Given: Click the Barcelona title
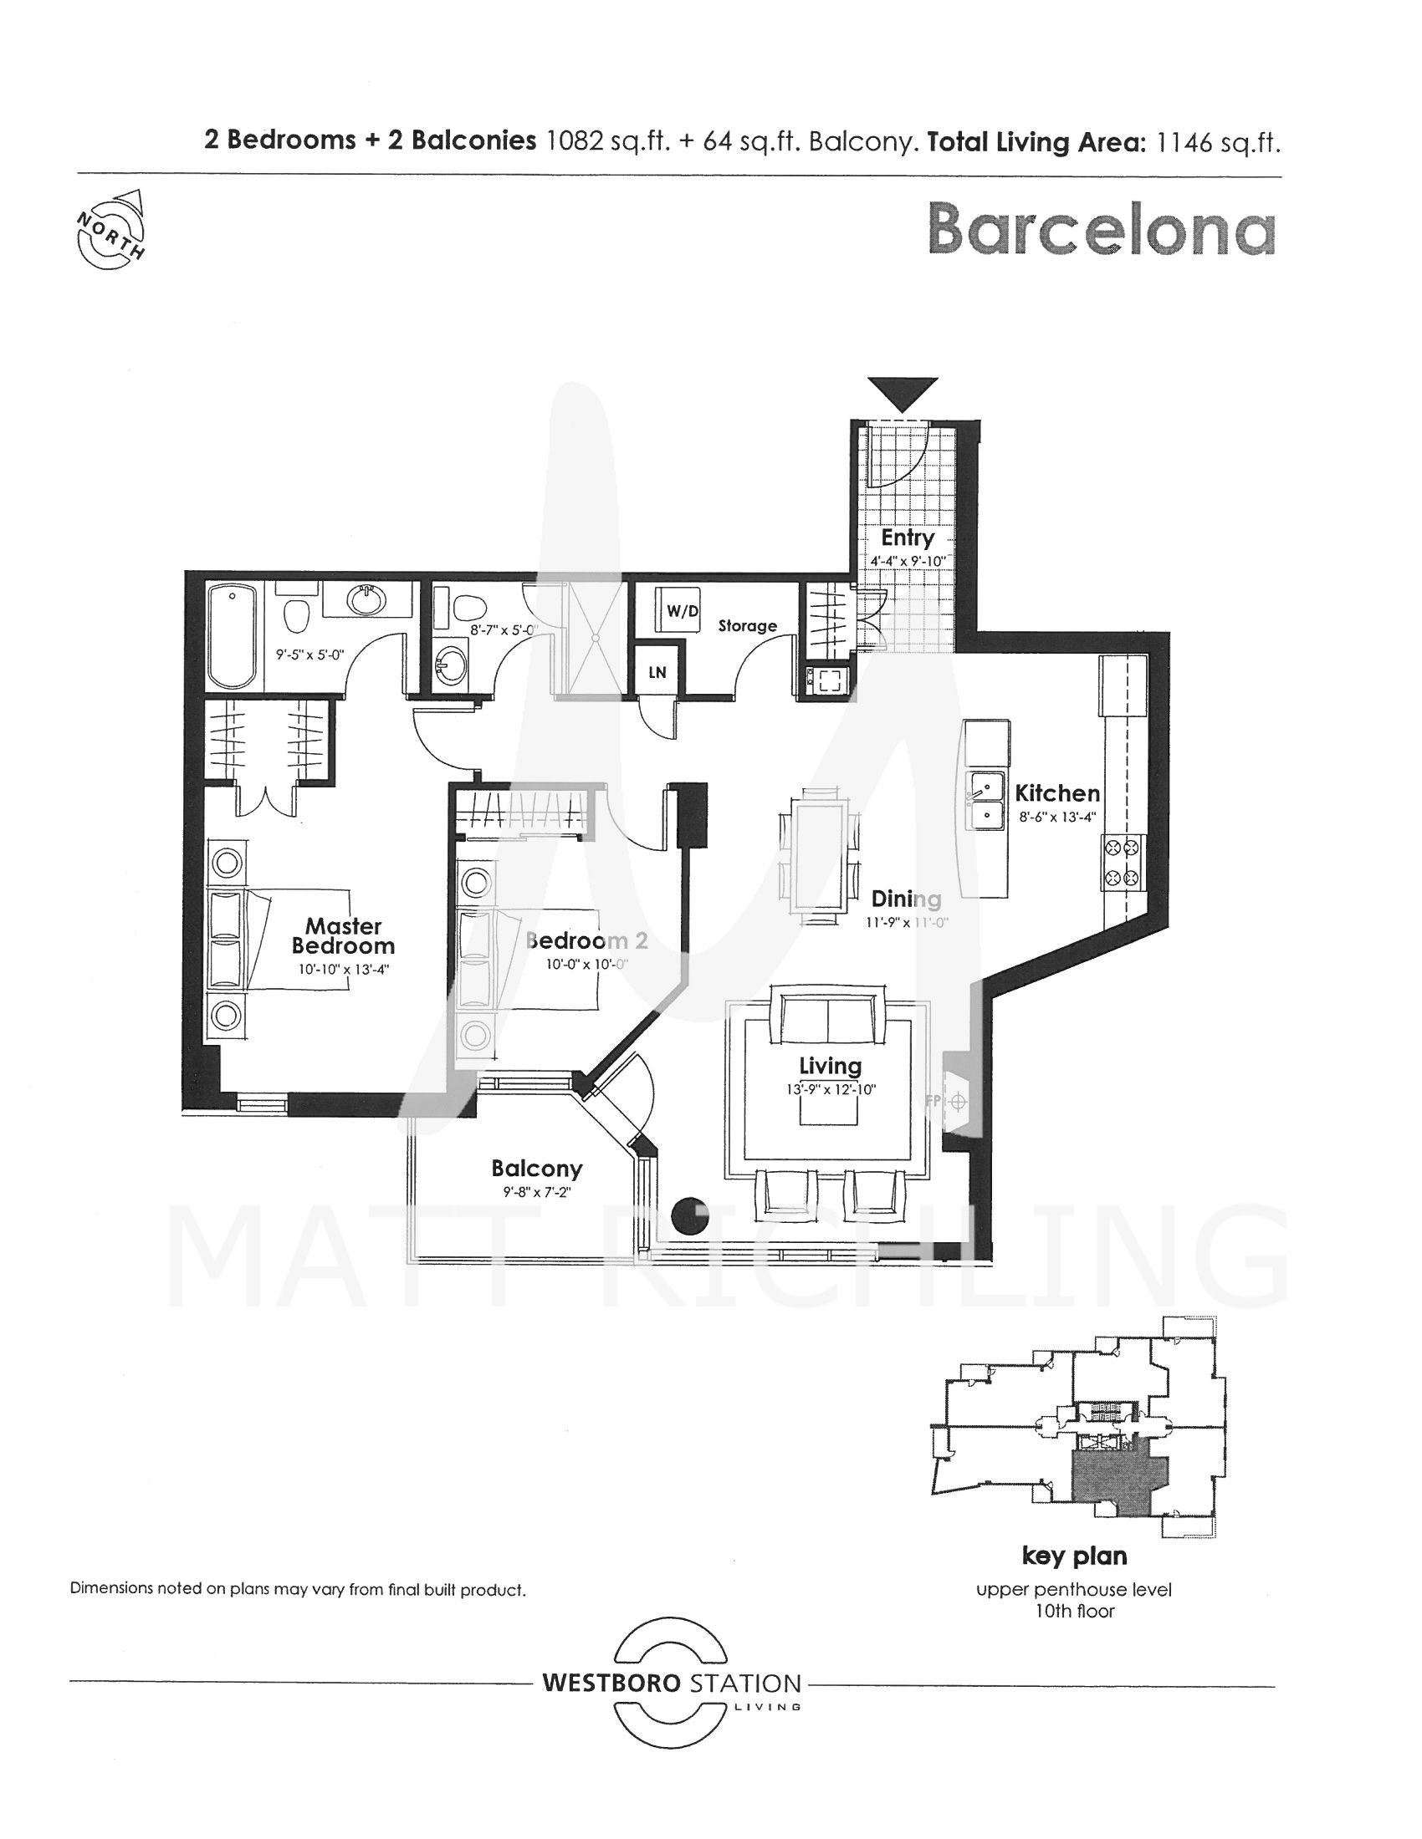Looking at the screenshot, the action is [1102, 229].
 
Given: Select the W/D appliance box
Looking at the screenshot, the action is [682, 610].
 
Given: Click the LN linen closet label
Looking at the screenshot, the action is [657, 672].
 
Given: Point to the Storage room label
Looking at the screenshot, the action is [747, 625].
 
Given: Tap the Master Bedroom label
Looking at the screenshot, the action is [344, 935].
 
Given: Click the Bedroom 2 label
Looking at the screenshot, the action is [587, 940].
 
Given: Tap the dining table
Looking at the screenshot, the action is [817, 855].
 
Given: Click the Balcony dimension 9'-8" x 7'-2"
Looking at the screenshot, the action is [537, 1191].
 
